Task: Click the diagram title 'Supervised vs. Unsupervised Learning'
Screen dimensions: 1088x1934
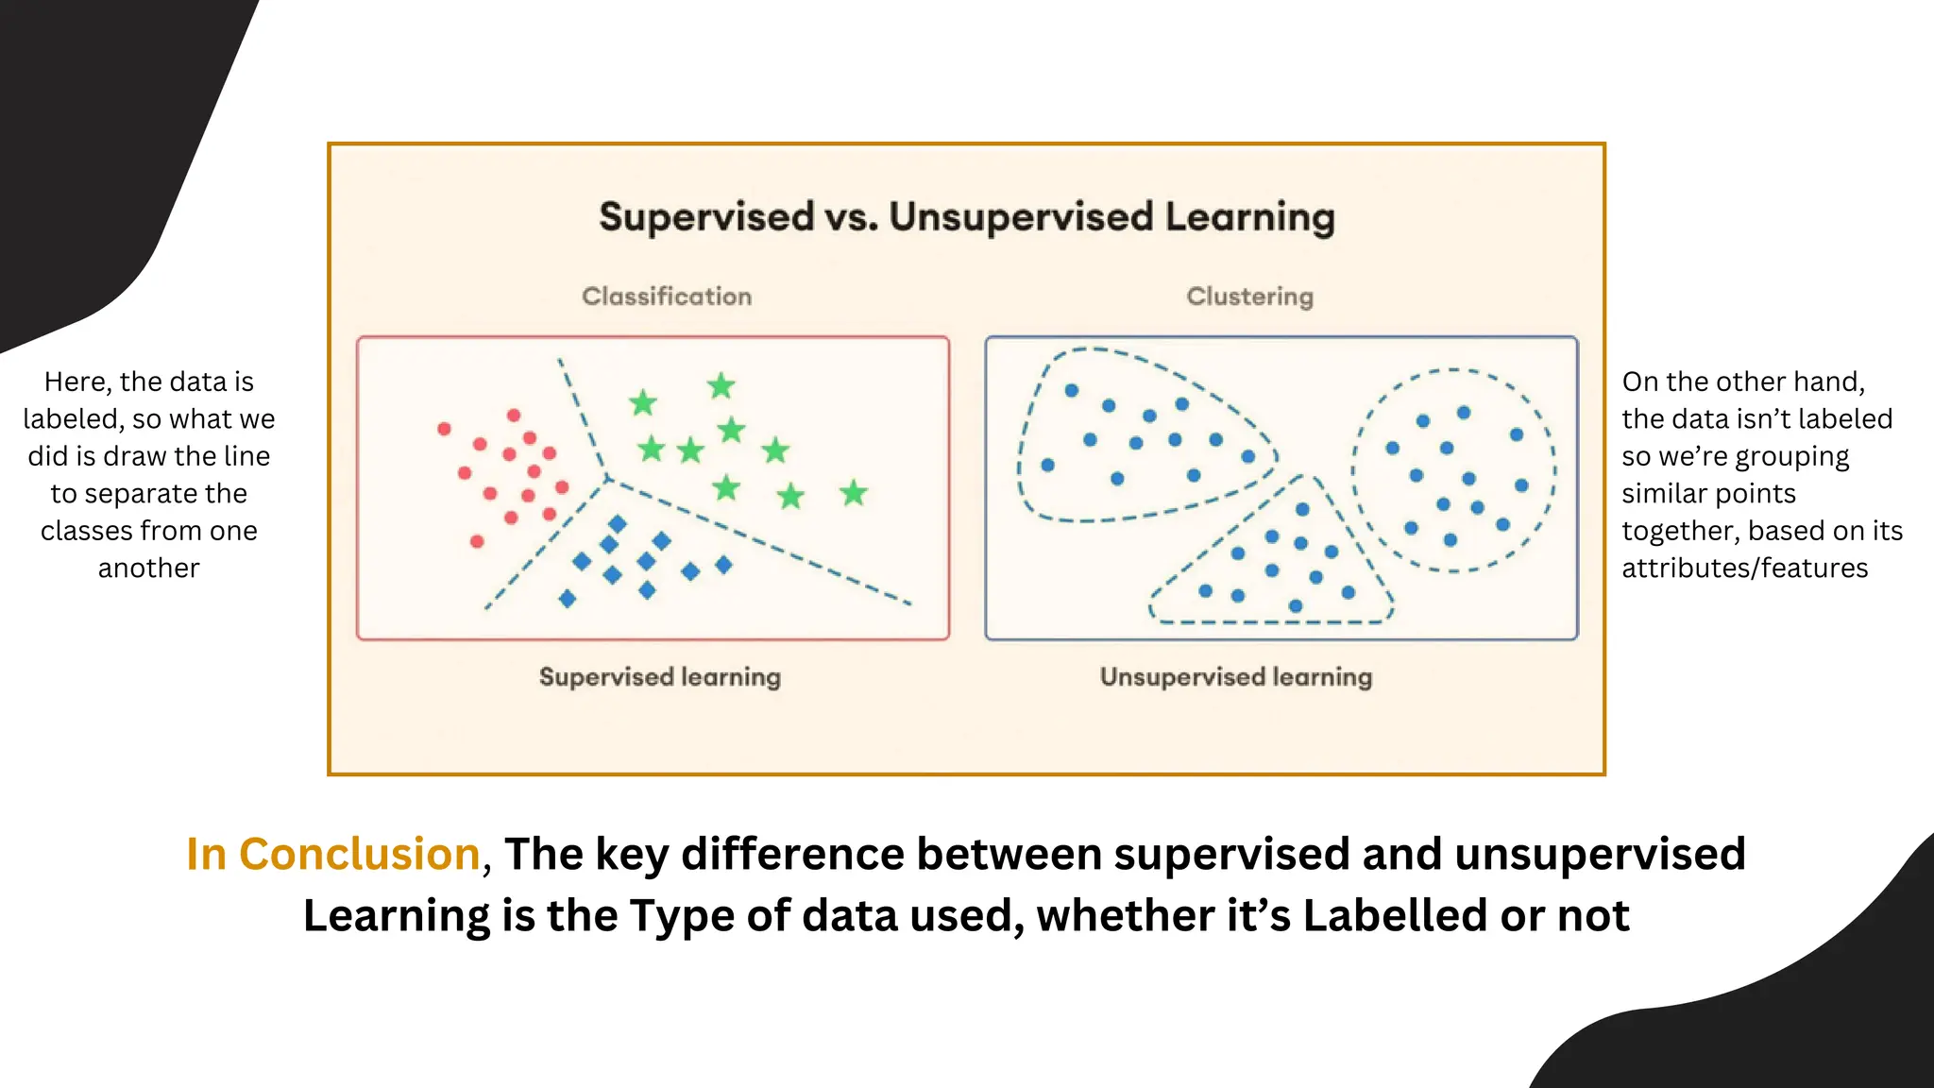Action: tap(967, 217)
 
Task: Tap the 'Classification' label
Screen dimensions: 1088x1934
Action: tap(667, 297)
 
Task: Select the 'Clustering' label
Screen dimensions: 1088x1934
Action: tap(1249, 297)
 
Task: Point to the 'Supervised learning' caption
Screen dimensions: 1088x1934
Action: tap(660, 677)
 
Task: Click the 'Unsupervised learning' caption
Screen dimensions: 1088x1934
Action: tap(1236, 677)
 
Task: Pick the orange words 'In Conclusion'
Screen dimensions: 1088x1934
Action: tap(333, 854)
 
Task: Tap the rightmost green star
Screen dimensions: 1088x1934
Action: tap(854, 492)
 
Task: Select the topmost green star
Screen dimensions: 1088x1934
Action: tap(721, 385)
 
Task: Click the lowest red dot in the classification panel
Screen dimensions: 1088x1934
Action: tap(477, 541)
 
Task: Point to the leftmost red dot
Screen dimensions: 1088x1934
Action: tap(444, 429)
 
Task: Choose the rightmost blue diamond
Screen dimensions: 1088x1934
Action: tap(723, 565)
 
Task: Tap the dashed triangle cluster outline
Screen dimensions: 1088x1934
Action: tap(1271, 622)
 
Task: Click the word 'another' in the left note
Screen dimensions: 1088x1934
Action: tap(149, 568)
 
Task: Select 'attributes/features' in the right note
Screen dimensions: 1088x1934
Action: tap(1745, 568)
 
